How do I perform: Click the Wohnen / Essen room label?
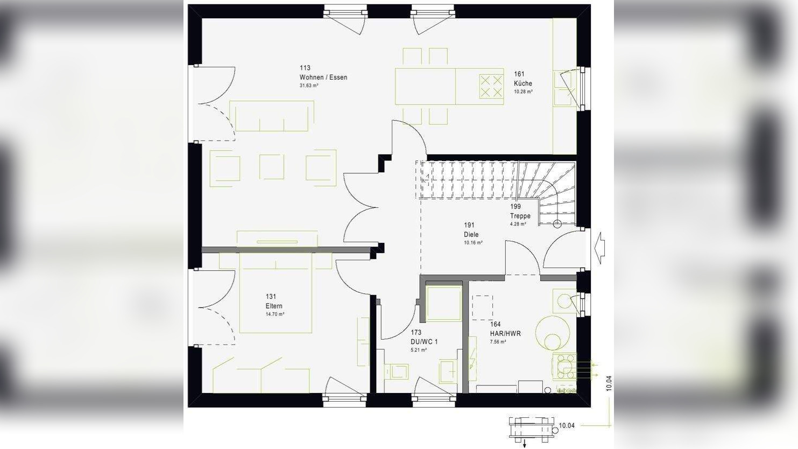click(x=323, y=78)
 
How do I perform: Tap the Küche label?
click(x=522, y=83)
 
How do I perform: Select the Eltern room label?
click(x=274, y=306)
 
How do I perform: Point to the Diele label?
click(x=471, y=235)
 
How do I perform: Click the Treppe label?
click(x=520, y=216)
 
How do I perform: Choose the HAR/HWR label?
click(x=505, y=334)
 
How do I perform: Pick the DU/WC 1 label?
click(x=424, y=342)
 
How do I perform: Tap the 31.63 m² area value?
click(x=309, y=86)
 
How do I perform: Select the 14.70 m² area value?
click(x=275, y=314)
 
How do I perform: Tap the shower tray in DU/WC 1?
click(x=444, y=304)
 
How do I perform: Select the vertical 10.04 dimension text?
click(x=609, y=383)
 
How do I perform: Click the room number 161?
click(x=519, y=74)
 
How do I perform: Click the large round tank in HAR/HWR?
click(x=553, y=333)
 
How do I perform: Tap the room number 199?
click(x=515, y=207)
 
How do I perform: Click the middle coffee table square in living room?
click(x=271, y=167)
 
